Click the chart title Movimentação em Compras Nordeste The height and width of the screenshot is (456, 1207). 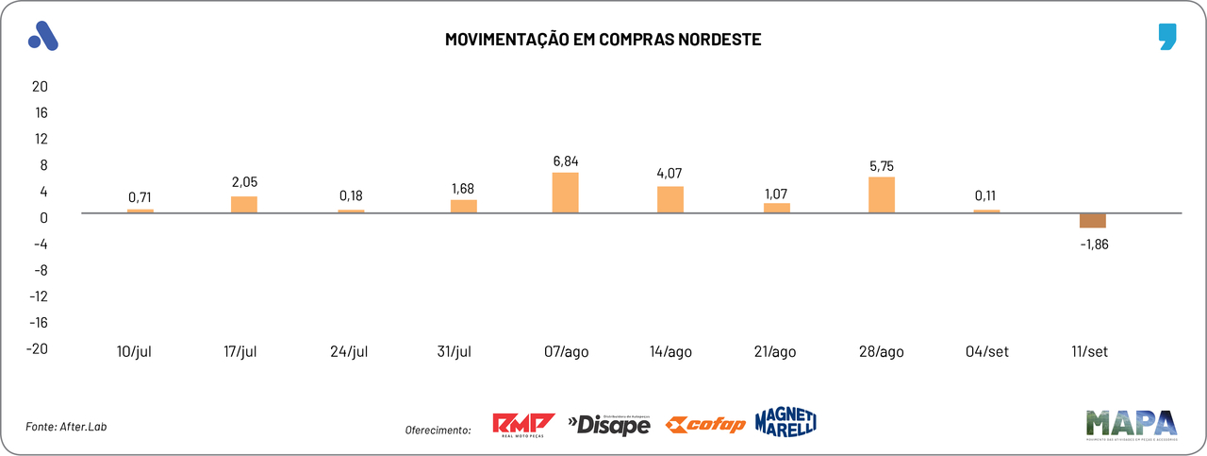pyautogui.click(x=603, y=41)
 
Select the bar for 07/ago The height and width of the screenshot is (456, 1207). pyautogui.click(x=566, y=193)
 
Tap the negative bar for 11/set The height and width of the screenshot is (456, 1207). pyautogui.click(x=1093, y=221)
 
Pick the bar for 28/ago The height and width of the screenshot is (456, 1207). pyautogui.click(x=882, y=194)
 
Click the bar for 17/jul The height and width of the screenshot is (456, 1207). pyautogui.click(x=244, y=204)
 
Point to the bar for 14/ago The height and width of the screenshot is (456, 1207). pyautogui.click(x=670, y=199)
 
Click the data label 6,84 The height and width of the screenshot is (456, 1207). pyautogui.click(x=566, y=160)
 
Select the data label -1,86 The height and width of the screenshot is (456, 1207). pyautogui.click(x=1093, y=243)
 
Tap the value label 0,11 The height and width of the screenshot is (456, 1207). pyautogui.click(x=986, y=196)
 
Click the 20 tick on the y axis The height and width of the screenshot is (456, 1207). pyautogui.click(x=40, y=86)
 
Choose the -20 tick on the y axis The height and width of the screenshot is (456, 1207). pyautogui.click(x=37, y=348)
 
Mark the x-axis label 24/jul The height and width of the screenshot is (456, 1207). pyautogui.click(x=348, y=352)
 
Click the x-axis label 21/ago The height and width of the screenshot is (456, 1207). pyautogui.click(x=776, y=352)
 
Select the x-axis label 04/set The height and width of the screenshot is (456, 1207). pyautogui.click(x=986, y=352)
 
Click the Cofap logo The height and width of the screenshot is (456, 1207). pyautogui.click(x=705, y=425)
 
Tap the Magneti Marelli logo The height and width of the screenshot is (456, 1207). pyautogui.click(x=785, y=422)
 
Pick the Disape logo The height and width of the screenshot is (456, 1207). pyautogui.click(x=609, y=425)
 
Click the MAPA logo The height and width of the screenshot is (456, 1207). pyautogui.click(x=1131, y=425)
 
